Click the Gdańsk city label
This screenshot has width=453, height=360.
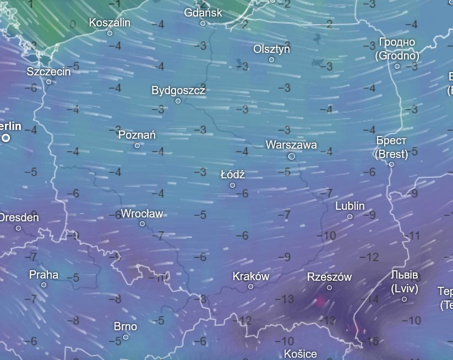click(x=203, y=12)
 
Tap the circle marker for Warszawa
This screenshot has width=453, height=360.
click(x=292, y=156)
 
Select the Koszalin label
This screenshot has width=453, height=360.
click(x=110, y=23)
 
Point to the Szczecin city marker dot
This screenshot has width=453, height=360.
click(x=48, y=82)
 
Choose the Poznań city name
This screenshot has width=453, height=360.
click(x=137, y=134)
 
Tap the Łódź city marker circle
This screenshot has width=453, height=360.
click(x=232, y=186)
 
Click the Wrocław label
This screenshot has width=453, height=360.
click(x=142, y=214)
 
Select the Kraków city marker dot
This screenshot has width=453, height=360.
click(x=251, y=287)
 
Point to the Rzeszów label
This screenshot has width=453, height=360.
click(x=329, y=277)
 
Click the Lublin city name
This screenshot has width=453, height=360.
click(x=350, y=206)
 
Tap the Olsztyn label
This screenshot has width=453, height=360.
click(x=271, y=49)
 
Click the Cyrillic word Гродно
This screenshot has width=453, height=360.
click(x=397, y=42)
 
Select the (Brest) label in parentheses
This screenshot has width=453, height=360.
click(x=391, y=154)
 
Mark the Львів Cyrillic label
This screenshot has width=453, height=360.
click(x=405, y=275)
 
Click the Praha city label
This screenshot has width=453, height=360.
click(x=44, y=274)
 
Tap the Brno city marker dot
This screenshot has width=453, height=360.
click(x=125, y=337)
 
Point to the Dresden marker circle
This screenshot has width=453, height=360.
click(x=18, y=228)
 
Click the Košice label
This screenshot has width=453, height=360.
click(x=300, y=353)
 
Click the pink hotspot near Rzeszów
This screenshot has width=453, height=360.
click(x=320, y=301)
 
